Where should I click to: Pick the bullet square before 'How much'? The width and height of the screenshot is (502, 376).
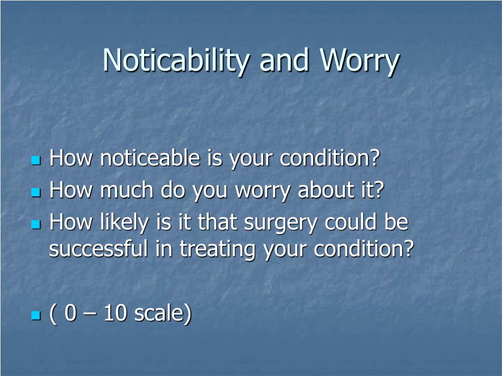click(36, 192)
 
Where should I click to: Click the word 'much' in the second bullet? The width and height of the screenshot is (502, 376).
click(126, 190)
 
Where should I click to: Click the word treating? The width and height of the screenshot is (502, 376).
click(217, 249)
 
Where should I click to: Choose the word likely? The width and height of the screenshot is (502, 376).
click(124, 223)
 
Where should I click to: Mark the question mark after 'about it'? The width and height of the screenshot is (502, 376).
click(379, 189)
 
